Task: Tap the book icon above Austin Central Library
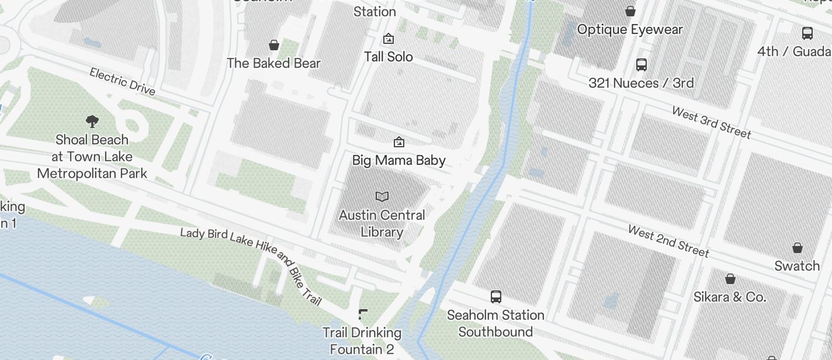tap(382, 196)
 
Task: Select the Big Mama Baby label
tap(399, 160)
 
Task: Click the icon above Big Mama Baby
tap(399, 141)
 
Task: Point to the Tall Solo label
tap(389, 57)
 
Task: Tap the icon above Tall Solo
tap(388, 39)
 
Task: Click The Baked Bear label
tap(273, 63)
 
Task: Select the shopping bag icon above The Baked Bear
tap(273, 44)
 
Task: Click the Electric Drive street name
tap(122, 81)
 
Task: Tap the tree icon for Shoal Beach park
tap(92, 122)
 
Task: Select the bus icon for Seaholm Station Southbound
tap(496, 297)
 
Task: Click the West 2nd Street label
tap(668, 241)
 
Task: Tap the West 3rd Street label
tap(711, 122)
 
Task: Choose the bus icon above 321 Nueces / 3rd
tap(642, 64)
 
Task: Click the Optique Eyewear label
tap(630, 29)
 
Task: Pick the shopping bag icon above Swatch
tap(798, 248)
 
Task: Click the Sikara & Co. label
tap(730, 297)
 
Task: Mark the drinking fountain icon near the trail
tap(363, 315)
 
